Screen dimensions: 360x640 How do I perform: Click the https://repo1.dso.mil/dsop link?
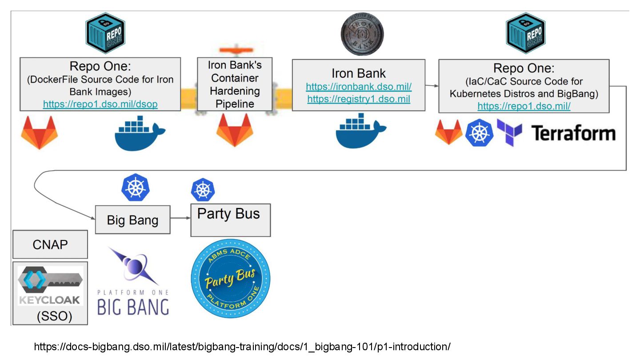click(x=100, y=104)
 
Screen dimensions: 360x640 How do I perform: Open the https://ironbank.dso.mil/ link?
click(x=359, y=87)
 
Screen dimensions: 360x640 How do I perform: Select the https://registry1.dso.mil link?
click(x=359, y=99)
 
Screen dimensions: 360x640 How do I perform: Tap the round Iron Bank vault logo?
click(x=362, y=35)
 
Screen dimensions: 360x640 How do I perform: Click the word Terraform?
click(x=573, y=133)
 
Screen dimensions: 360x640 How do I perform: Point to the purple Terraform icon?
click(x=509, y=132)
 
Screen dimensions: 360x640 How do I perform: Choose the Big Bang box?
click(x=132, y=220)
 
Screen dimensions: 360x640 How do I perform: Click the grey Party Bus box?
click(x=230, y=220)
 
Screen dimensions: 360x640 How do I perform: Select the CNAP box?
click(x=50, y=244)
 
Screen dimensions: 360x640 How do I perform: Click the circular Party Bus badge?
click(x=230, y=279)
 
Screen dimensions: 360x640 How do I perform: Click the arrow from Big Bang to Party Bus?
click(x=180, y=218)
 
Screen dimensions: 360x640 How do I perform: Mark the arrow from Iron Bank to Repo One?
click(x=432, y=84)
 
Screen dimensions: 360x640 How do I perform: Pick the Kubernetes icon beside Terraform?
click(x=479, y=132)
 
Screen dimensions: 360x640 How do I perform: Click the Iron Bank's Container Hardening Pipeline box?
click(x=235, y=84)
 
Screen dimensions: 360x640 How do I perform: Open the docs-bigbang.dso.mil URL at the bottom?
click(x=242, y=347)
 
